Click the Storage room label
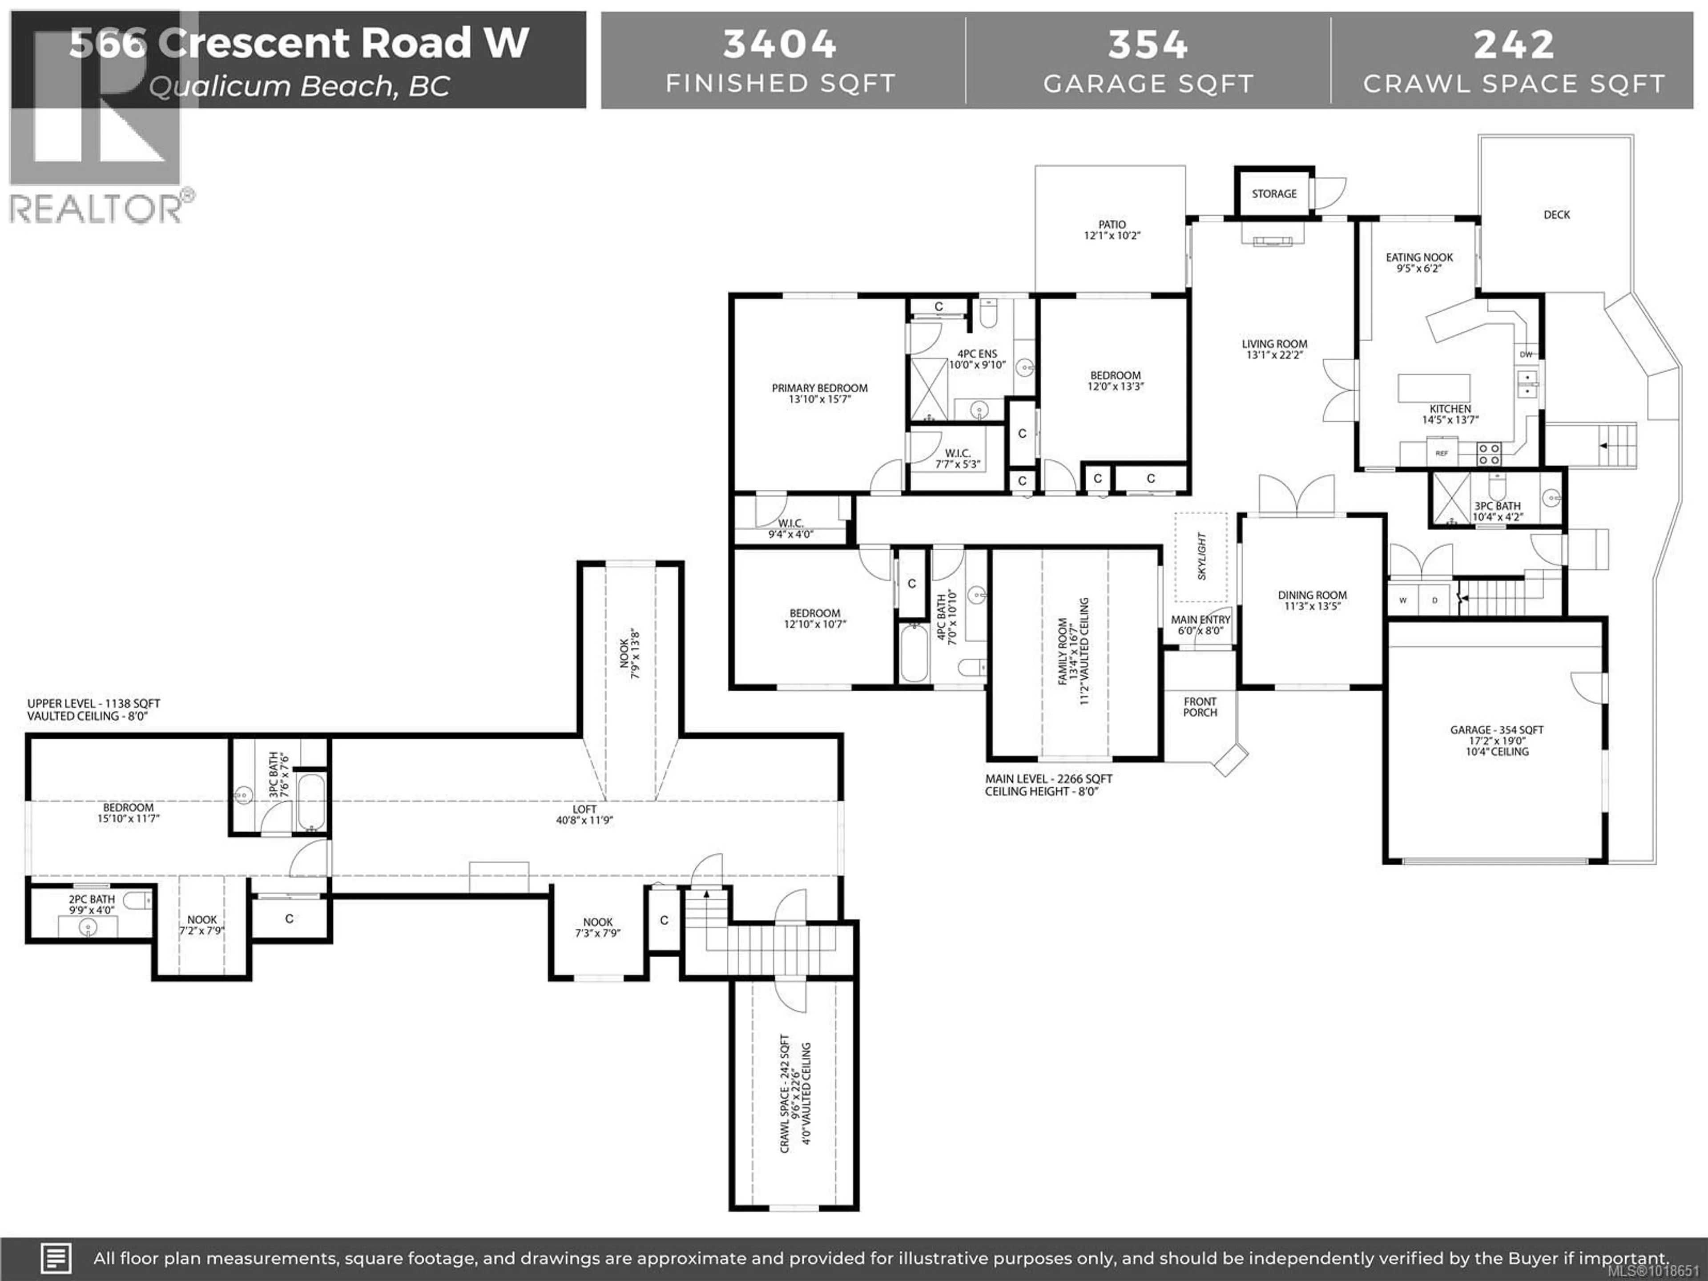(x=1274, y=194)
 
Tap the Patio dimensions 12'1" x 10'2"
(x=1112, y=235)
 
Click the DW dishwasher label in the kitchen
(x=1526, y=354)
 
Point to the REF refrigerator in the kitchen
(x=1442, y=453)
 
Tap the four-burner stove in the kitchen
(x=1489, y=453)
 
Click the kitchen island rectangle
(x=1434, y=387)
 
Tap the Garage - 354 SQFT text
(x=1496, y=730)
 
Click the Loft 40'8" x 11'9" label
(x=584, y=814)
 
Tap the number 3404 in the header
(x=780, y=44)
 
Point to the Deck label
(x=1557, y=215)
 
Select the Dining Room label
(x=1312, y=595)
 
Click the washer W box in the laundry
(x=1403, y=600)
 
